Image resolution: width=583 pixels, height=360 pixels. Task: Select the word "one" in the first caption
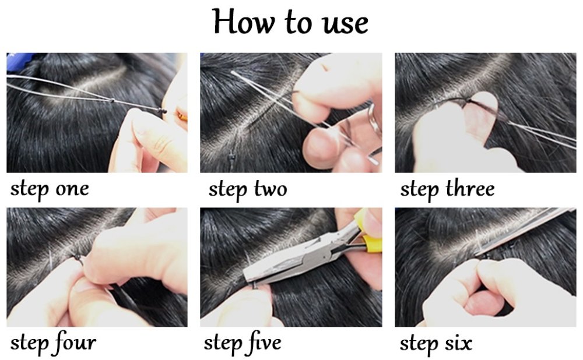tap(72, 189)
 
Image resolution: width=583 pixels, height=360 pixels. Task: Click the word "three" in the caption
tap(470, 189)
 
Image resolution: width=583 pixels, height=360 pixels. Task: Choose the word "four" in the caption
tap(73, 343)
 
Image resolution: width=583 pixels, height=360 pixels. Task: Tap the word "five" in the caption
tap(261, 343)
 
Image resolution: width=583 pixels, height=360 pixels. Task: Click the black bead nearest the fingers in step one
tap(164, 111)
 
